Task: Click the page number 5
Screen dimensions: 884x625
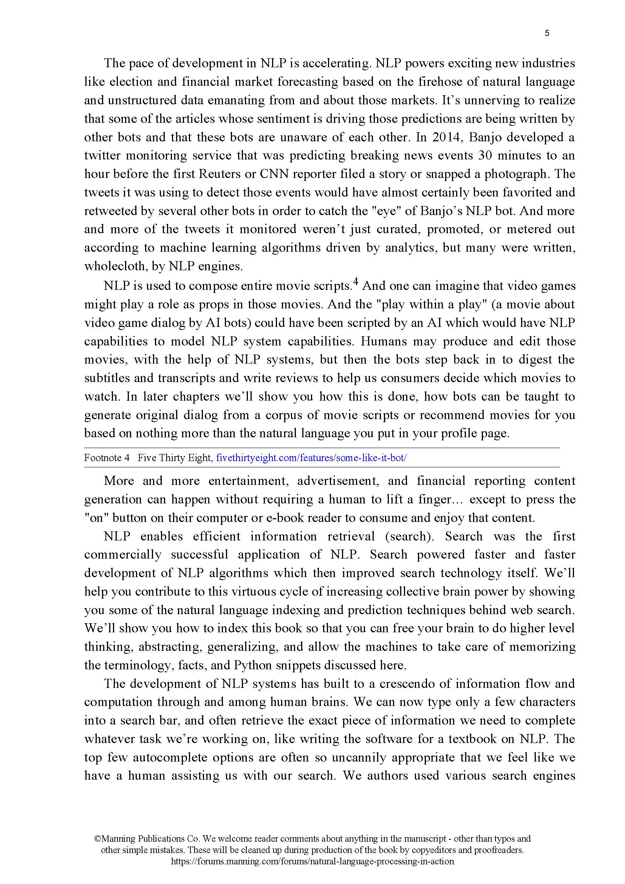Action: (x=547, y=34)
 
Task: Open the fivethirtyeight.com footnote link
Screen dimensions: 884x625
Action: (x=311, y=458)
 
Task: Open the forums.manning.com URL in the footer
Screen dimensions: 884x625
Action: (x=312, y=862)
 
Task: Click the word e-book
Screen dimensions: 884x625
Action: (x=284, y=518)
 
